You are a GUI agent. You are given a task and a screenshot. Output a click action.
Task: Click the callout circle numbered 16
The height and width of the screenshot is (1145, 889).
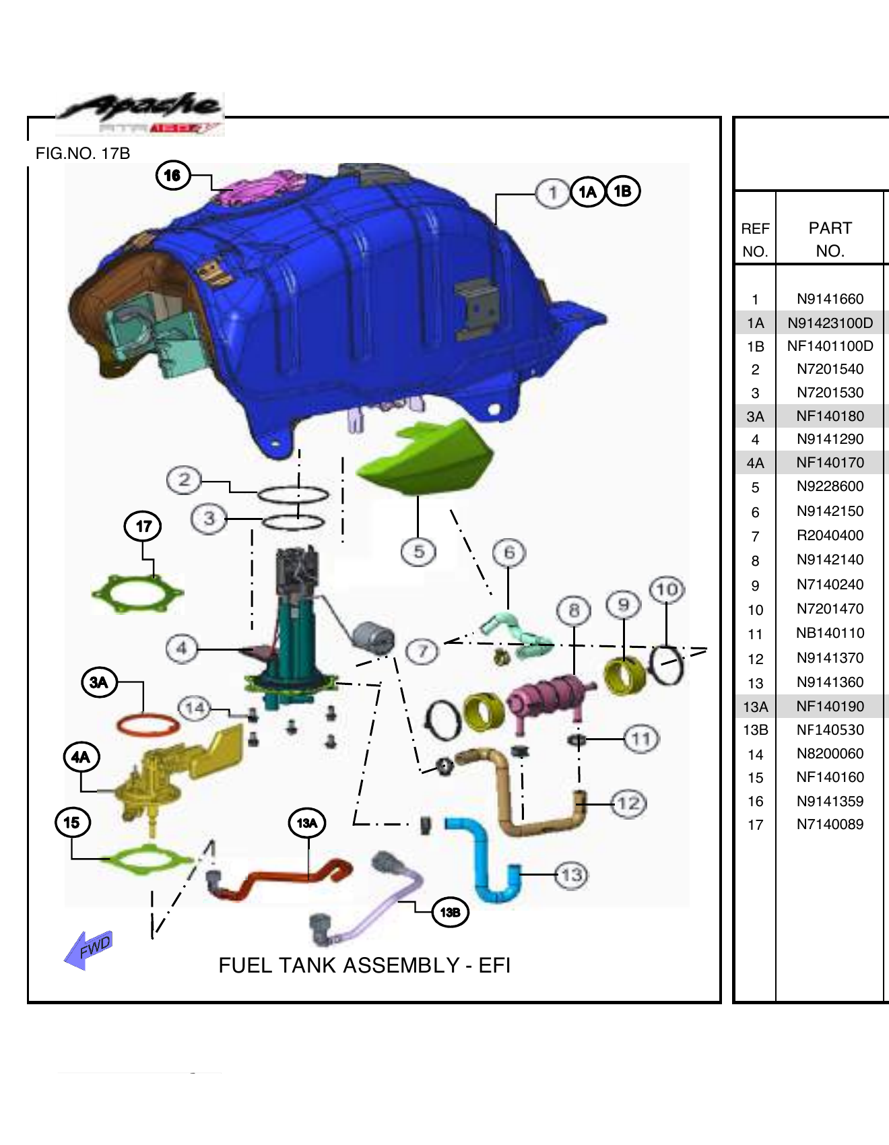click(x=172, y=176)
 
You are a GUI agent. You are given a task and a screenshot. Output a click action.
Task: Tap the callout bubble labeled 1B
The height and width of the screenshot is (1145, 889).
click(x=622, y=191)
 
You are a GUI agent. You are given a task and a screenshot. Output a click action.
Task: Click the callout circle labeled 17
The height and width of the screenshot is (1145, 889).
click(x=143, y=526)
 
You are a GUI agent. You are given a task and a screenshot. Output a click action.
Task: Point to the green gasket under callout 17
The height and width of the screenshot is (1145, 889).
click(x=137, y=593)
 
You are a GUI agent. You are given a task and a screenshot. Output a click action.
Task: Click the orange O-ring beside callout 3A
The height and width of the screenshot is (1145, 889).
click(x=148, y=725)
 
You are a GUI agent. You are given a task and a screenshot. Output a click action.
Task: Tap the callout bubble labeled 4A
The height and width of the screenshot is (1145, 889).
click(x=81, y=757)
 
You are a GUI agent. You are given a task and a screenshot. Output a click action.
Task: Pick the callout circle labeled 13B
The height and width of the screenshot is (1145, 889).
click(x=449, y=913)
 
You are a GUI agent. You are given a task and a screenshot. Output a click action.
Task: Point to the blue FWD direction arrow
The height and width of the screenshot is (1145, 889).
click(x=89, y=949)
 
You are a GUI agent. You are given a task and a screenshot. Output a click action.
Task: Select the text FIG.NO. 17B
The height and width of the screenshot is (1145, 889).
click(x=82, y=154)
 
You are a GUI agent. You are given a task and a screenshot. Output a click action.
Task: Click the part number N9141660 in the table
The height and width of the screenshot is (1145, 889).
click(x=830, y=299)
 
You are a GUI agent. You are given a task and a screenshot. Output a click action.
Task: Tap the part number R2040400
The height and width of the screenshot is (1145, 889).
click(x=830, y=535)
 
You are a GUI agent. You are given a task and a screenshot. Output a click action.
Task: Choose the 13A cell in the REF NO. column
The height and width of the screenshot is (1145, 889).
click(x=755, y=707)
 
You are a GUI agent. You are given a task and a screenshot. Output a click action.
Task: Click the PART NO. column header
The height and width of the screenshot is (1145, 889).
click(x=830, y=239)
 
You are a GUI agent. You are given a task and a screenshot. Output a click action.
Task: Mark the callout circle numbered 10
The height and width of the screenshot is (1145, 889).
click(x=666, y=590)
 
